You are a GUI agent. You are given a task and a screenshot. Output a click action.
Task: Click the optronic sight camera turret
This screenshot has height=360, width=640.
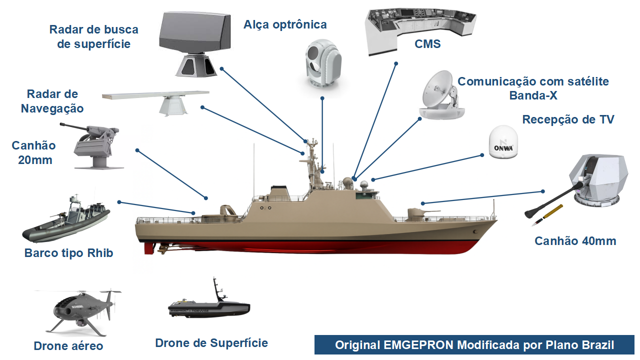(x=322, y=62)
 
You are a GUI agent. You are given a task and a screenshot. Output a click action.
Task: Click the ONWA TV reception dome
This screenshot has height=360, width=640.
(x=503, y=143)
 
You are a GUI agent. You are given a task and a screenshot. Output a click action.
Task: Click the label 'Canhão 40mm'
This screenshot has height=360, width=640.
(x=575, y=241)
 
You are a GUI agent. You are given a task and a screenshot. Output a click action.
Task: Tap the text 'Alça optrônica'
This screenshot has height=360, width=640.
(x=285, y=24)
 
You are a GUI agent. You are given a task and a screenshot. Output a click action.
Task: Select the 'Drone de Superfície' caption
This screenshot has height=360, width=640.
(x=211, y=343)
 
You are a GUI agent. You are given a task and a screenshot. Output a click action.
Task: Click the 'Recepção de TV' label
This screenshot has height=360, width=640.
(x=568, y=119)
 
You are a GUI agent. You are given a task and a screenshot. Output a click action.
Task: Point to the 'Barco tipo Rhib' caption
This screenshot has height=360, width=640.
(x=69, y=253)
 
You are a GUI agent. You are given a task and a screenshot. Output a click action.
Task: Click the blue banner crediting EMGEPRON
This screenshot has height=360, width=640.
(x=474, y=345)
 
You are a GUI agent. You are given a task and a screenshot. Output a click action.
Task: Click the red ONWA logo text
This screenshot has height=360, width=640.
(x=503, y=148)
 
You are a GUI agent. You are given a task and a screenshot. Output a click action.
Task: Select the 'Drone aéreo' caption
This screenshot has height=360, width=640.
(x=68, y=346)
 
